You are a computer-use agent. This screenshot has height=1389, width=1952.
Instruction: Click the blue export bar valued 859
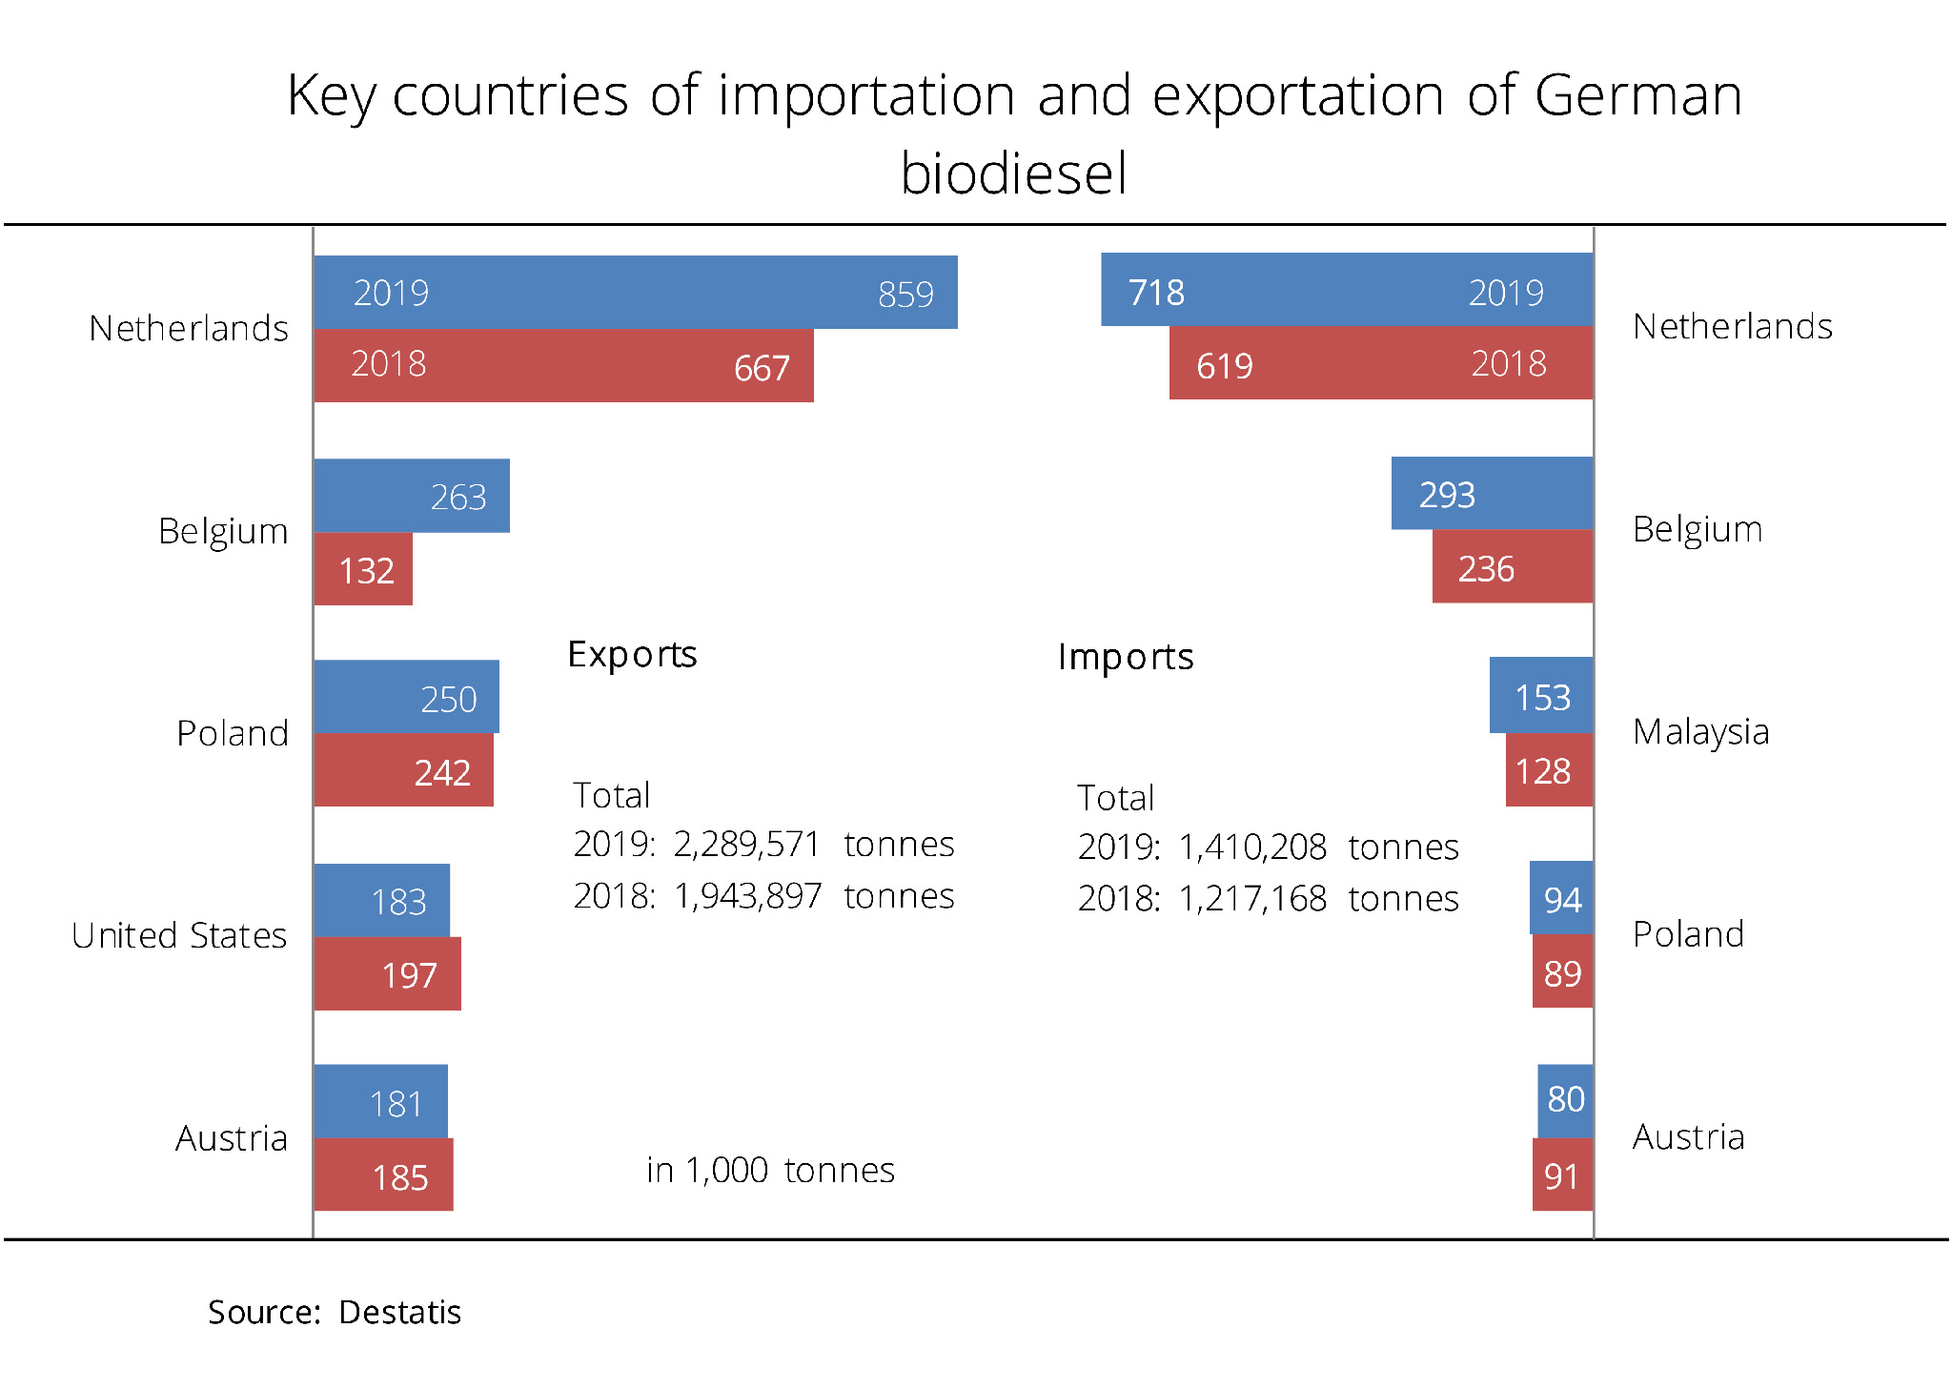point(635,292)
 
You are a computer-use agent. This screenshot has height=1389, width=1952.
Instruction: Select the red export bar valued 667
point(563,365)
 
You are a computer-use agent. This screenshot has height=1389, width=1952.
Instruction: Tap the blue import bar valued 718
point(1346,290)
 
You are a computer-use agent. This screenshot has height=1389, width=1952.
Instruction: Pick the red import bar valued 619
point(1380,363)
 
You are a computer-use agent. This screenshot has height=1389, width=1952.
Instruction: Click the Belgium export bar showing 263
point(411,496)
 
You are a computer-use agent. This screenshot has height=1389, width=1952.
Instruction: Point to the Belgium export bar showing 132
point(363,569)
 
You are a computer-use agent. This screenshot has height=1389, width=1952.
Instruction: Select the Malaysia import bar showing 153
point(1540,696)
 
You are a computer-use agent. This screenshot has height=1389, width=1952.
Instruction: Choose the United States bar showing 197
point(387,973)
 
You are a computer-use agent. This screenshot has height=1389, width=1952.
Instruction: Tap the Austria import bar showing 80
point(1565,1100)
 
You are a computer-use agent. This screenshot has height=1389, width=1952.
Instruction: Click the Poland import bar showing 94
point(1561,898)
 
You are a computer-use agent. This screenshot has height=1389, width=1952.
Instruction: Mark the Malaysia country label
point(1700,732)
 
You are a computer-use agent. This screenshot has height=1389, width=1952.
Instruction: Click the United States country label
point(179,935)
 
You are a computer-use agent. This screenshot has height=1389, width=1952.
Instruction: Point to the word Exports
point(632,655)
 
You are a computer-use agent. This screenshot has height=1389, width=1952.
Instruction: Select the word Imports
point(1125,657)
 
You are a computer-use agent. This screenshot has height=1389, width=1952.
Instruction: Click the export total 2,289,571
point(746,845)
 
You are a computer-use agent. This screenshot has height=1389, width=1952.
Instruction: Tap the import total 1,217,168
point(1251,899)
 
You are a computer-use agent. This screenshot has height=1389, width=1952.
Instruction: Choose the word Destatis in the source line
point(399,1313)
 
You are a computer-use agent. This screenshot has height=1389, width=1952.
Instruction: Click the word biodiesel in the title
point(1013,174)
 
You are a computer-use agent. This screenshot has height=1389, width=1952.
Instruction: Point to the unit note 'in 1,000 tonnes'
point(770,1170)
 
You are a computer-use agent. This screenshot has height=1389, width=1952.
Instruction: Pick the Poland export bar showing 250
point(406,697)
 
